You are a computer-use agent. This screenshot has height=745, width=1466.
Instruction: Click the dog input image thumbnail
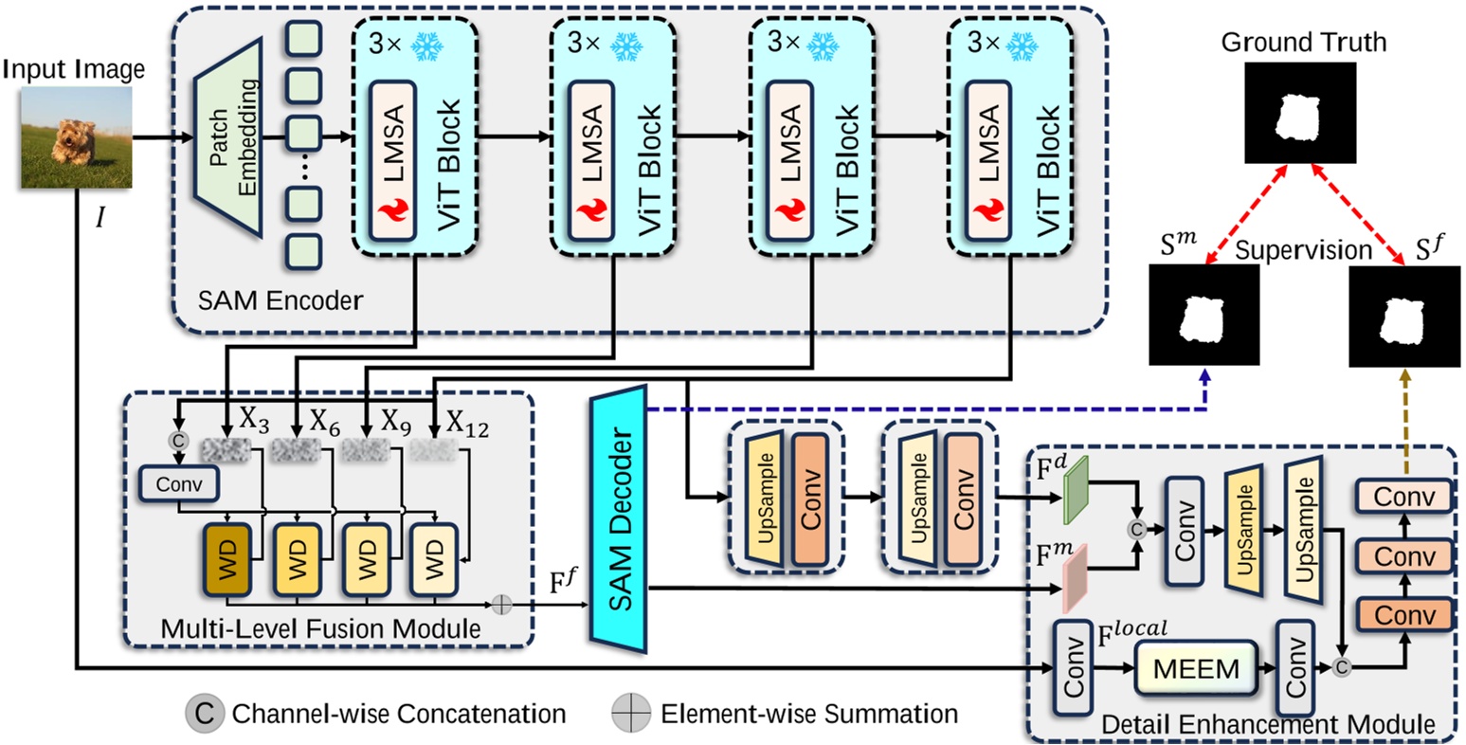[x=77, y=136]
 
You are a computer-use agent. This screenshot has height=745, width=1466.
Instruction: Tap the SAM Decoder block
[x=618, y=518]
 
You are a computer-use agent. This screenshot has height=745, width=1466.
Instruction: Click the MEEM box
[x=1195, y=668]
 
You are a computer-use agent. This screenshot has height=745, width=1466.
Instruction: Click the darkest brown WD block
[x=226, y=560]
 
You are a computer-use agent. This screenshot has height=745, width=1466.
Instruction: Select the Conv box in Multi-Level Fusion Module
[x=179, y=484]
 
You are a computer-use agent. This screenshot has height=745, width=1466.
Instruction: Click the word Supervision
[x=1303, y=250]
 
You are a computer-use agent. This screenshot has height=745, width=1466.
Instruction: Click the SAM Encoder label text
[x=280, y=301]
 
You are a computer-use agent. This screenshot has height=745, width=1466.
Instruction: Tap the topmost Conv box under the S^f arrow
[x=1404, y=496]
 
